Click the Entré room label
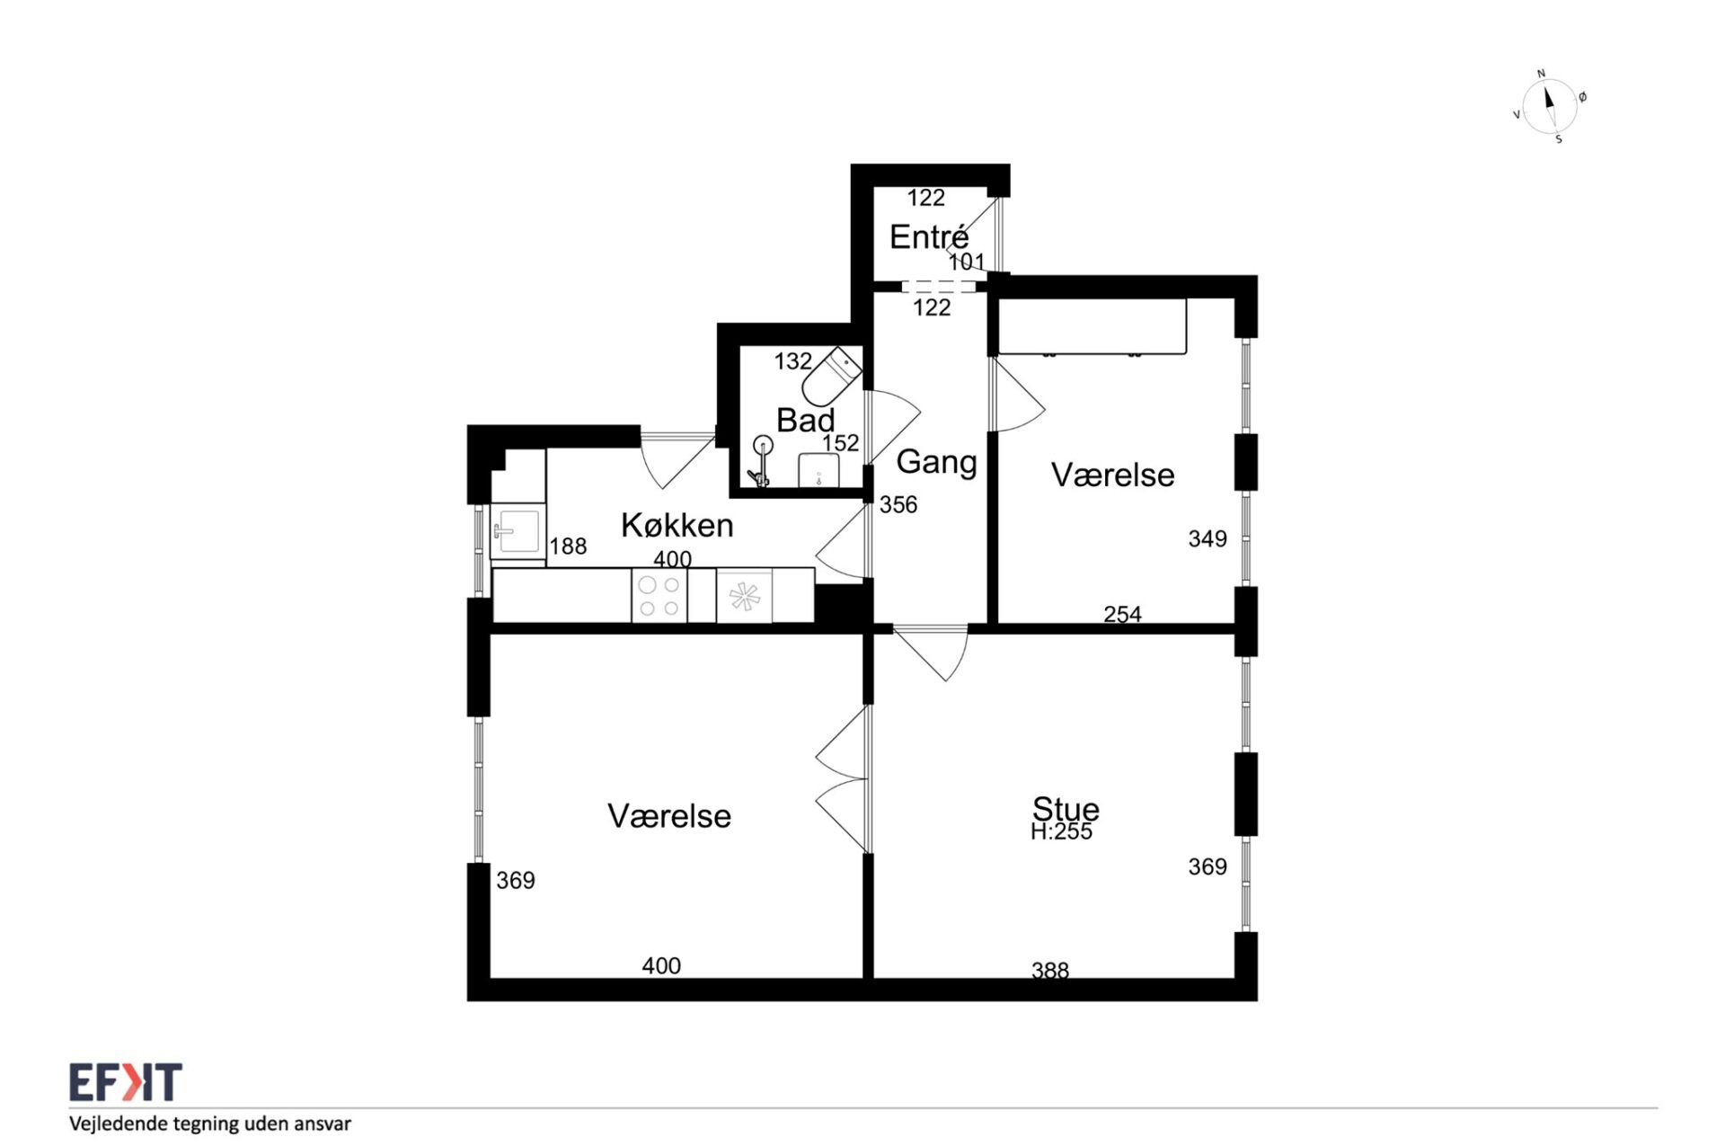coord(929,237)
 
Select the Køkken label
coord(677,525)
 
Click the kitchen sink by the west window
coord(517,531)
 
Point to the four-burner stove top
coord(659,596)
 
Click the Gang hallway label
coord(936,462)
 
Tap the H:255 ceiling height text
coord(1061,832)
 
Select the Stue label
coord(1066,808)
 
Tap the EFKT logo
coord(126,1082)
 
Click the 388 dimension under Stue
coord(1050,970)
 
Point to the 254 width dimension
coord(1122,614)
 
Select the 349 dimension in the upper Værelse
coord(1207,538)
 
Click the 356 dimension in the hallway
coord(898,505)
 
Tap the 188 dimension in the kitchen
coord(568,546)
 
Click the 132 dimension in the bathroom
coord(793,361)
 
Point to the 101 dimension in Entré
coord(967,262)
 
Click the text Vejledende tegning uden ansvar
coord(210,1124)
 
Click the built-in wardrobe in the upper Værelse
coord(1092,327)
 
